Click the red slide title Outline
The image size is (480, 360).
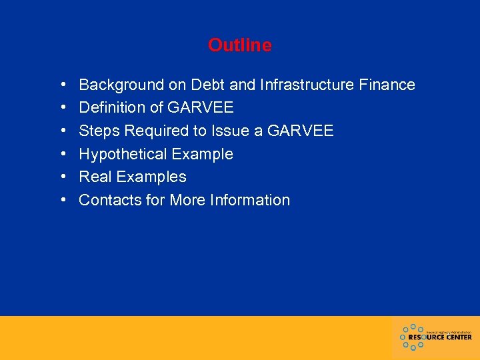coord(239,45)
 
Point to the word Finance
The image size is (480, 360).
coord(387,85)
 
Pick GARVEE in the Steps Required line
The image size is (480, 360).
coord(300,131)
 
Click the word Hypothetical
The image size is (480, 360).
coord(123,155)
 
